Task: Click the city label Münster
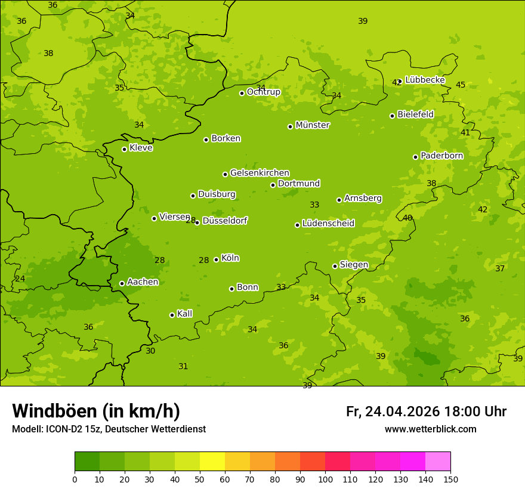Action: [313, 125]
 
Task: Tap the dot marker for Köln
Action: [216, 259]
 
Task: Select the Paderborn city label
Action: [441, 156]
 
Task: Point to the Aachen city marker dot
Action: [122, 283]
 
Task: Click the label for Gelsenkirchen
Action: [260, 173]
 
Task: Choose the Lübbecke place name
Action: [425, 80]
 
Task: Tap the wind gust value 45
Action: [461, 85]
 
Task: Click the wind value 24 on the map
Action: [20, 279]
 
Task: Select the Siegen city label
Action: [354, 265]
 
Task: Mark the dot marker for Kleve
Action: [124, 149]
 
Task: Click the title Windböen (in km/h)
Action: [96, 411]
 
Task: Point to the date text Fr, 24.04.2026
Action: [393, 412]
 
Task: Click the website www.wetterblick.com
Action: [430, 429]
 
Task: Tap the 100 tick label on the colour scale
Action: [325, 479]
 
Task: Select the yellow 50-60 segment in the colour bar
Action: [212, 461]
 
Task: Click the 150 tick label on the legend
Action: [450, 479]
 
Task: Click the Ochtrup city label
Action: [263, 92]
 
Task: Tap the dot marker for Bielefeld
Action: [392, 116]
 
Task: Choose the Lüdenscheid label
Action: [328, 224]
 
